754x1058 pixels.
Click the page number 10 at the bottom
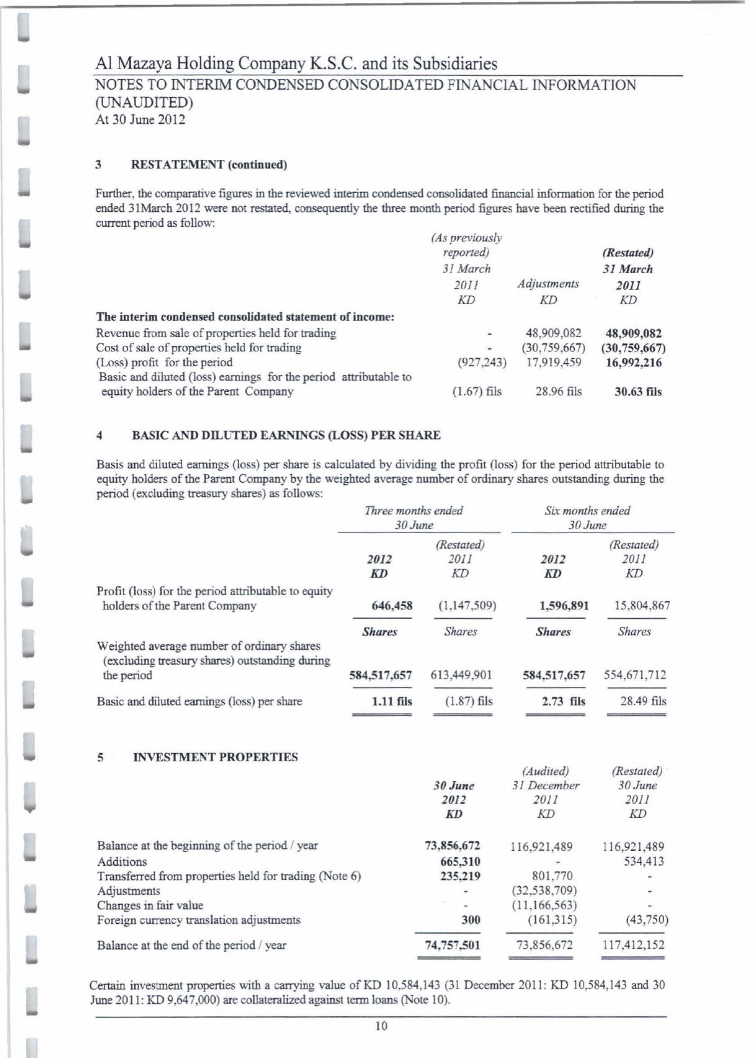[x=381, y=1026]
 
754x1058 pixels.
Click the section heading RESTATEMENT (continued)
[x=209, y=165]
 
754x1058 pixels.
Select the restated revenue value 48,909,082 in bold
[x=633, y=333]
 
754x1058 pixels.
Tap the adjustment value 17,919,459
[x=554, y=363]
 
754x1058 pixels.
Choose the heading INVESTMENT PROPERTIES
[x=215, y=757]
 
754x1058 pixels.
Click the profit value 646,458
[x=392, y=606]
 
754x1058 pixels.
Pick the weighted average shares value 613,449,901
[x=461, y=675]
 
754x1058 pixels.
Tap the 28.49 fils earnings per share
[x=643, y=701]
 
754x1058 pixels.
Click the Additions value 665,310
[x=459, y=861]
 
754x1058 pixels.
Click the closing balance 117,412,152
[x=633, y=945]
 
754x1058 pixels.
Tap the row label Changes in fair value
[x=150, y=905]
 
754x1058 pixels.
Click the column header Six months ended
[x=587, y=511]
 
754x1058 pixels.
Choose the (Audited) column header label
[x=546, y=771]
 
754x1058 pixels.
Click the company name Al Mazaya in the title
[x=132, y=64]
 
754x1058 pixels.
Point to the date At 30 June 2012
[x=140, y=119]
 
